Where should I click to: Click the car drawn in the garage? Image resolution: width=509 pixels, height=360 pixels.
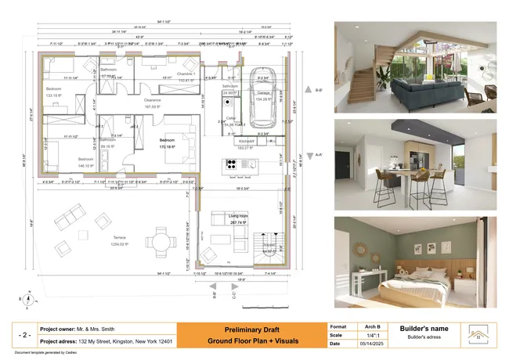coord(261,94)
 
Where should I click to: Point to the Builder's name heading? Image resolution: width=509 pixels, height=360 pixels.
coord(424,328)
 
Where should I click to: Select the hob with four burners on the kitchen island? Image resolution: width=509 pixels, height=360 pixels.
coord(232,164)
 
